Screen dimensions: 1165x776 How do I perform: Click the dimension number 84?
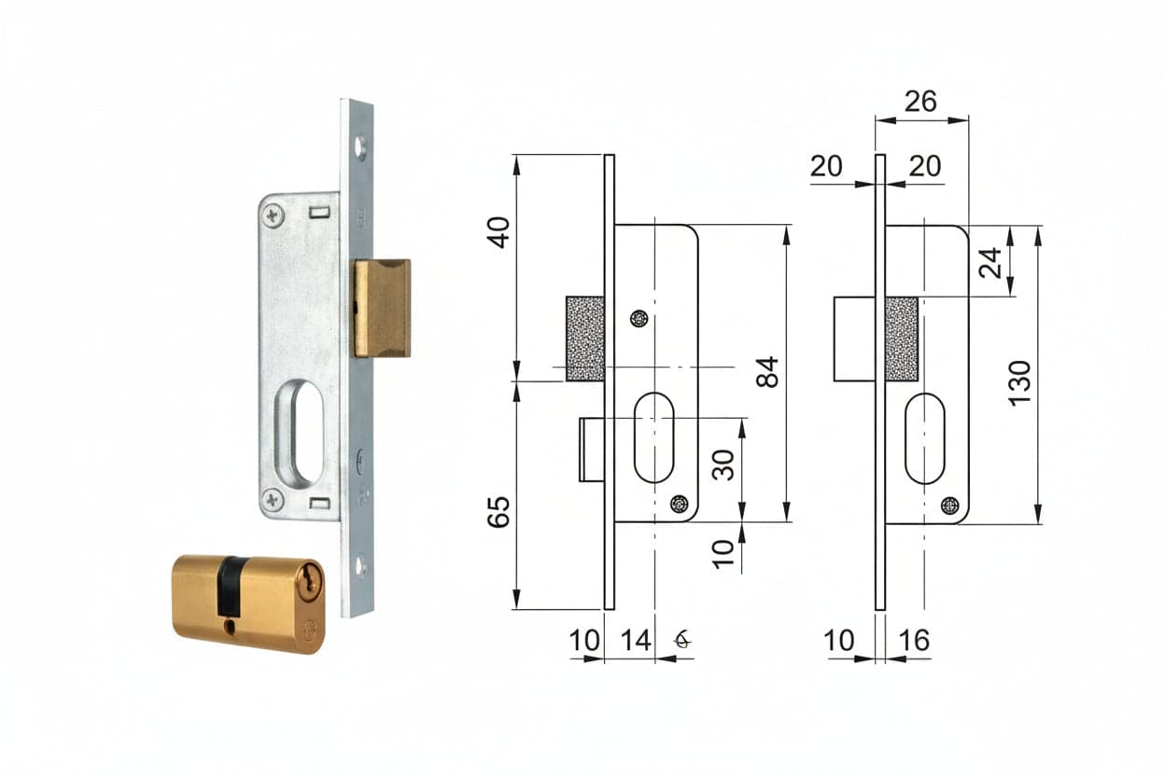767,372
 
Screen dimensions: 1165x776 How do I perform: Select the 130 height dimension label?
1019,383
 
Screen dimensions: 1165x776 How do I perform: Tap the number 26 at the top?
920,102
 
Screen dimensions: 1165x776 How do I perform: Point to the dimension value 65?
498,512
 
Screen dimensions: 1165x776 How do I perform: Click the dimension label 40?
498,232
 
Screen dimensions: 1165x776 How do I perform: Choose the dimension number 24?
990,263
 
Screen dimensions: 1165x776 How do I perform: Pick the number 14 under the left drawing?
636,641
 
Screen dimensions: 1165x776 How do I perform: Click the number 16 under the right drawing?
914,641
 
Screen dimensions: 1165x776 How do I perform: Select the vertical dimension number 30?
723,464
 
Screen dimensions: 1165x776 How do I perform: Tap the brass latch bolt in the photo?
383,308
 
